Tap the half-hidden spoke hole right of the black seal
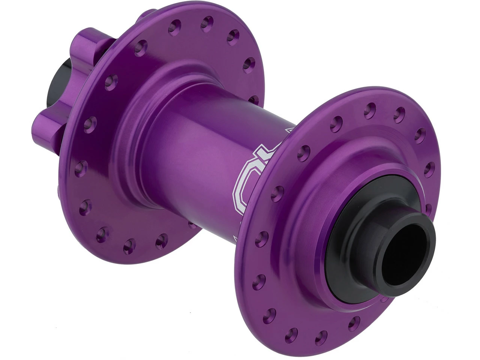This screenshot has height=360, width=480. tap(429, 208)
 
